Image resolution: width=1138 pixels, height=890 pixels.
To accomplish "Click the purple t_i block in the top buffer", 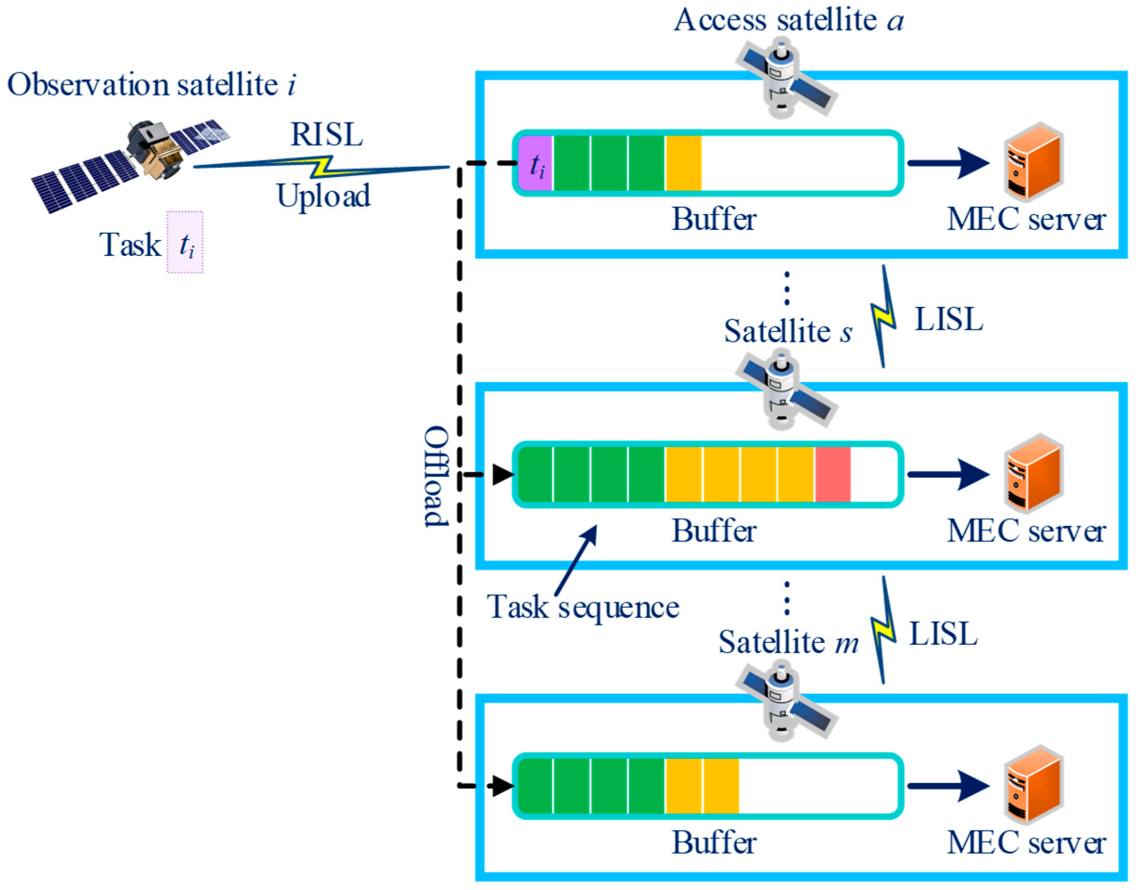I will click(x=535, y=163).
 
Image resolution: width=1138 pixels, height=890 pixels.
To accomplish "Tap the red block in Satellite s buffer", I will click(x=833, y=474).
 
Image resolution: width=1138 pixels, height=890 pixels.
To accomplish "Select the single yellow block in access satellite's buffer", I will click(x=683, y=163).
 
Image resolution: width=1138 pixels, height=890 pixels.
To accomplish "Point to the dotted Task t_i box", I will click(x=185, y=242).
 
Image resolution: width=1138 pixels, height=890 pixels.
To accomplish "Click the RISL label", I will click(x=327, y=135).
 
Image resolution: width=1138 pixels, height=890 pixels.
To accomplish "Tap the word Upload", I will click(x=324, y=197).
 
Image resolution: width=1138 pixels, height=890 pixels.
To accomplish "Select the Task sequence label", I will click(x=583, y=608).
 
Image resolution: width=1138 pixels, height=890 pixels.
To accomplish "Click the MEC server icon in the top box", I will click(x=1033, y=162).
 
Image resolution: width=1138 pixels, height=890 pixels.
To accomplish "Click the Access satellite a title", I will click(x=788, y=21).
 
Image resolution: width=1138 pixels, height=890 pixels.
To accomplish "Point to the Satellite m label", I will click(x=788, y=642).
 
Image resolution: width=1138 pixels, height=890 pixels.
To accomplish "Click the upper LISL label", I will click(x=949, y=319).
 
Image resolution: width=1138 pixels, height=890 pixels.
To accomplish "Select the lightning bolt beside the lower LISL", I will click(x=883, y=630).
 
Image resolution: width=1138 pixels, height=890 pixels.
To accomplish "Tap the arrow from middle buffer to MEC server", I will click(x=948, y=474).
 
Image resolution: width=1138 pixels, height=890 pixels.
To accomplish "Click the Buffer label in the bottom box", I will click(x=714, y=843).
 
